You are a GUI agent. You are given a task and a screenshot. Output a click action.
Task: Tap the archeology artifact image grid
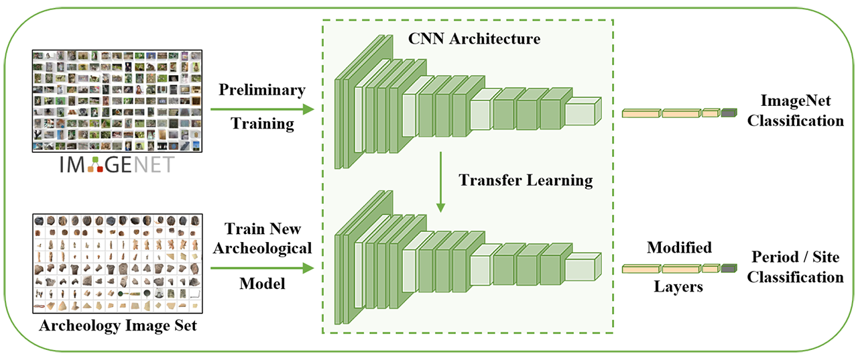pyautogui.click(x=116, y=263)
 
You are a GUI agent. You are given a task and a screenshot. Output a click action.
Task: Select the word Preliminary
pyautogui.click(x=262, y=89)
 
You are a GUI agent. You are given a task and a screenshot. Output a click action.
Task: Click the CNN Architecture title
pyautogui.click(x=474, y=38)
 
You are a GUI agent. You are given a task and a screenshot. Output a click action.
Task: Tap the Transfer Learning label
pyautogui.click(x=526, y=180)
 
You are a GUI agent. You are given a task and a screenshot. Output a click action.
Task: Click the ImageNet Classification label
pyautogui.click(x=796, y=111)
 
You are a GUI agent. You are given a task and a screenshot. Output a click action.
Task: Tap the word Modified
pyautogui.click(x=679, y=248)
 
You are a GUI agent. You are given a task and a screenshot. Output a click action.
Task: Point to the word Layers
pyautogui.click(x=680, y=287)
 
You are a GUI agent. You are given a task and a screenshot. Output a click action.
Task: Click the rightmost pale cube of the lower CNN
pyautogui.click(x=580, y=267)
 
